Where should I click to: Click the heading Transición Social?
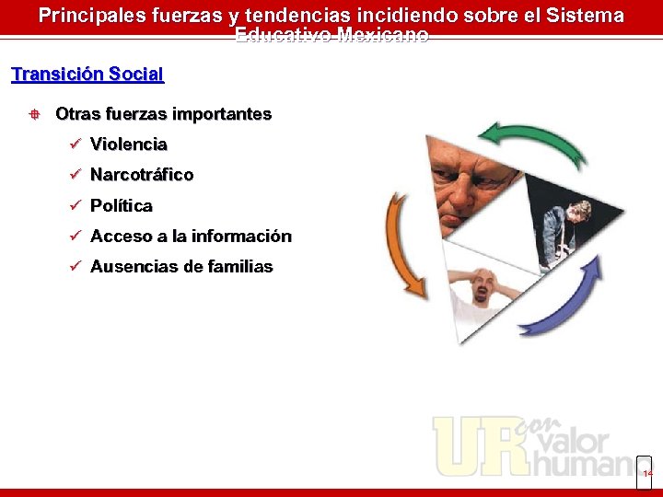(87, 75)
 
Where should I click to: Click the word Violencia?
(128, 144)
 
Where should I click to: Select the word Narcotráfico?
(141, 175)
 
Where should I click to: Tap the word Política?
(121, 205)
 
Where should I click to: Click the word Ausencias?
(134, 267)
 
